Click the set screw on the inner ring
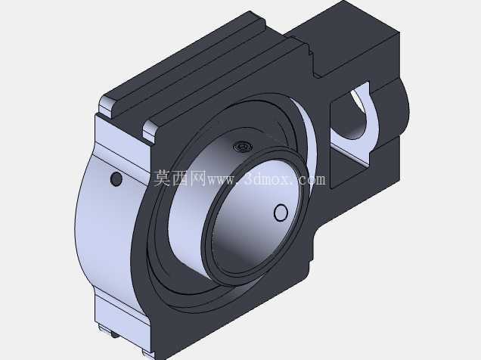point(243,146)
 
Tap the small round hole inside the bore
point(281,213)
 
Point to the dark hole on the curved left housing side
point(116,178)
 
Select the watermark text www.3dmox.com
point(266,179)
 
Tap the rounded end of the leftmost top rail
point(107,106)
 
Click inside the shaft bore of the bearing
point(255,221)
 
